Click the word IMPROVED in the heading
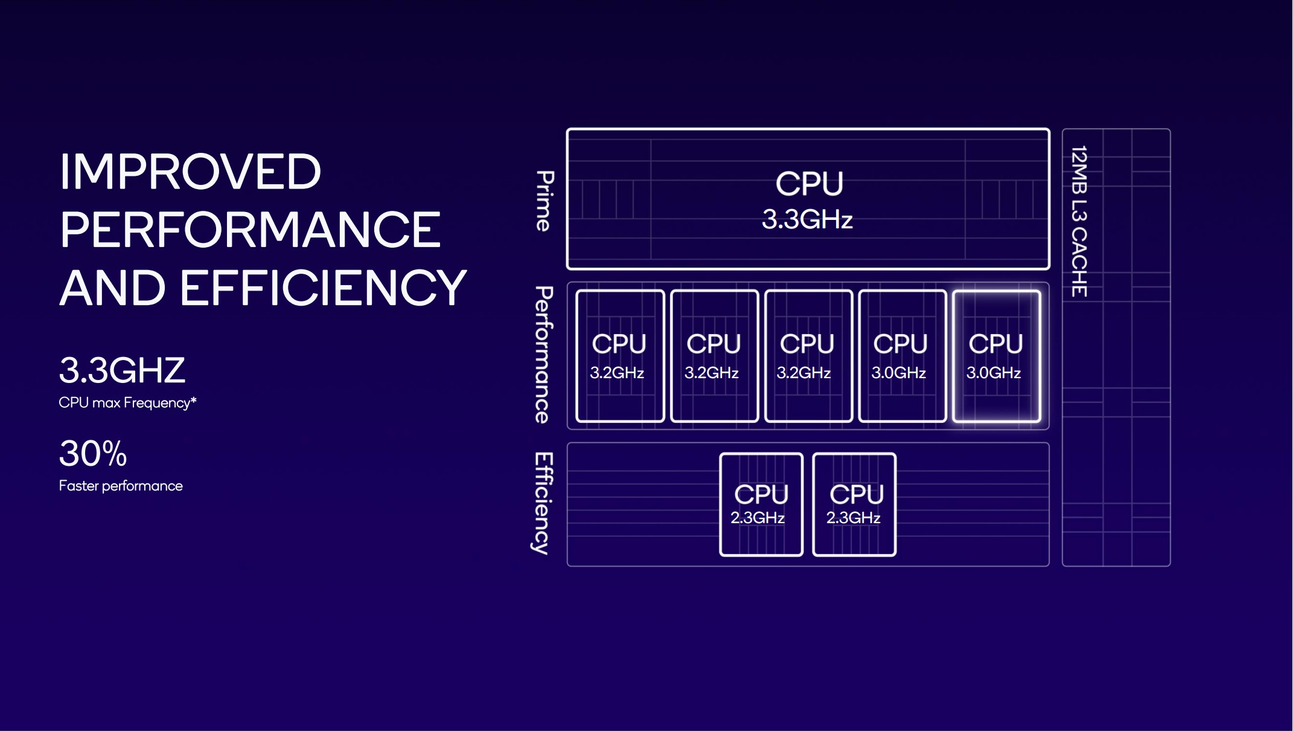tap(190, 172)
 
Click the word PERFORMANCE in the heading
tap(250, 230)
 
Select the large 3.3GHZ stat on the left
tap(122, 370)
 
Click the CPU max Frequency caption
tap(124, 403)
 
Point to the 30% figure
tap(93, 453)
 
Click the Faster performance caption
tap(121, 486)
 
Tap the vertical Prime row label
tap(544, 201)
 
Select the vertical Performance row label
tap(543, 355)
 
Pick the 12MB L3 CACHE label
tap(1079, 221)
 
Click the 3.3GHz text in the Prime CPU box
tap(807, 219)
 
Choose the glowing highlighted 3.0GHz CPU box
tap(996, 356)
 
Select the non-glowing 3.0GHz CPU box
tap(902, 356)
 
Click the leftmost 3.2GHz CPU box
tap(620, 356)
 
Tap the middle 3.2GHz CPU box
tap(808, 356)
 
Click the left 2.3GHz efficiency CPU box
tap(761, 504)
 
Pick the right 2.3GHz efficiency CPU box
tap(854, 504)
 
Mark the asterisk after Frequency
tap(194, 400)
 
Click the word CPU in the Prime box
tap(809, 184)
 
